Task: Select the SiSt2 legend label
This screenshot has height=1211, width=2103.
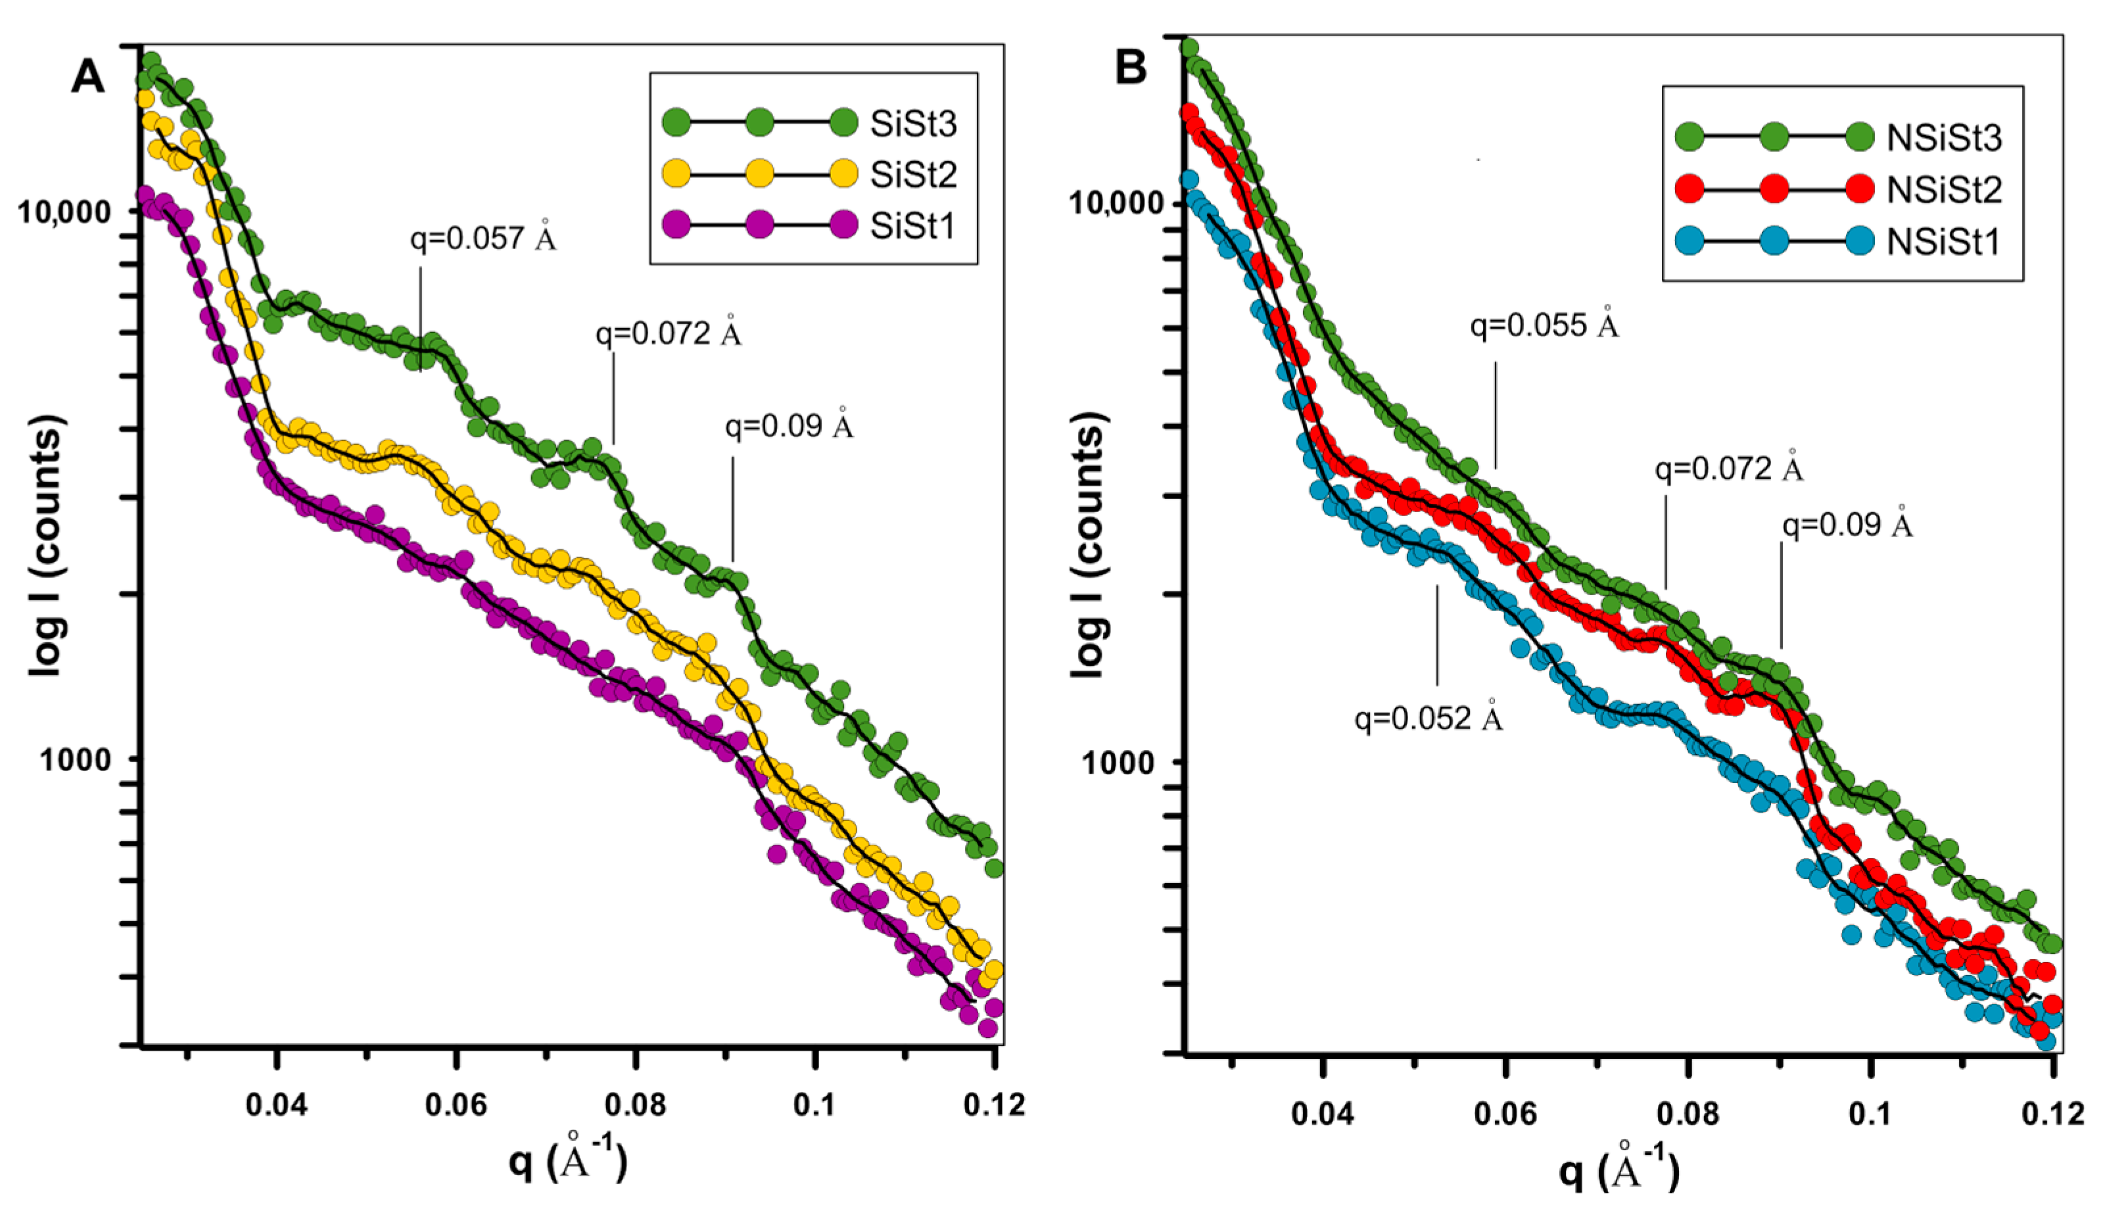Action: [x=913, y=175]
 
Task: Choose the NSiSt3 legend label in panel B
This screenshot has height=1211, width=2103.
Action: [x=1944, y=138]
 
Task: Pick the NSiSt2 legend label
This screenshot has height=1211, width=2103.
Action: [x=1944, y=189]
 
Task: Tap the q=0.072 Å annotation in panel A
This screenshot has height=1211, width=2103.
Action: [x=668, y=332]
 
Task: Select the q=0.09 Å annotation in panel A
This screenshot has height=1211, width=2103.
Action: [x=789, y=424]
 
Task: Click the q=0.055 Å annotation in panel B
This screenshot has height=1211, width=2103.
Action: [x=1545, y=323]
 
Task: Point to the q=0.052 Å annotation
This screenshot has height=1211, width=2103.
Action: [x=1429, y=716]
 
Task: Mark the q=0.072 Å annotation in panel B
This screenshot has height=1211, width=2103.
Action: [x=1730, y=467]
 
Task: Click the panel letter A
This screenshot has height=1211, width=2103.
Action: [x=88, y=76]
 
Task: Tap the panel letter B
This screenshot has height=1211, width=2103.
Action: [x=1131, y=66]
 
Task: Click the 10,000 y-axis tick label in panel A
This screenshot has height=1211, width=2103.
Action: [x=63, y=212]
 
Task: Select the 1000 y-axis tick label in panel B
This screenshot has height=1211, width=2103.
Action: [x=1116, y=761]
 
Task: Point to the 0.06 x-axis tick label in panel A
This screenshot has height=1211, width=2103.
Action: [x=455, y=1104]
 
